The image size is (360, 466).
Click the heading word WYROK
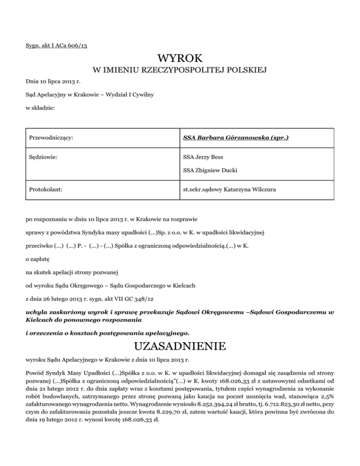[x=180, y=59]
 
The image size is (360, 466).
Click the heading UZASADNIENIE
[x=180, y=347]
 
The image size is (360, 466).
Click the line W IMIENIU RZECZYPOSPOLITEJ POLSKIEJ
[x=180, y=71]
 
